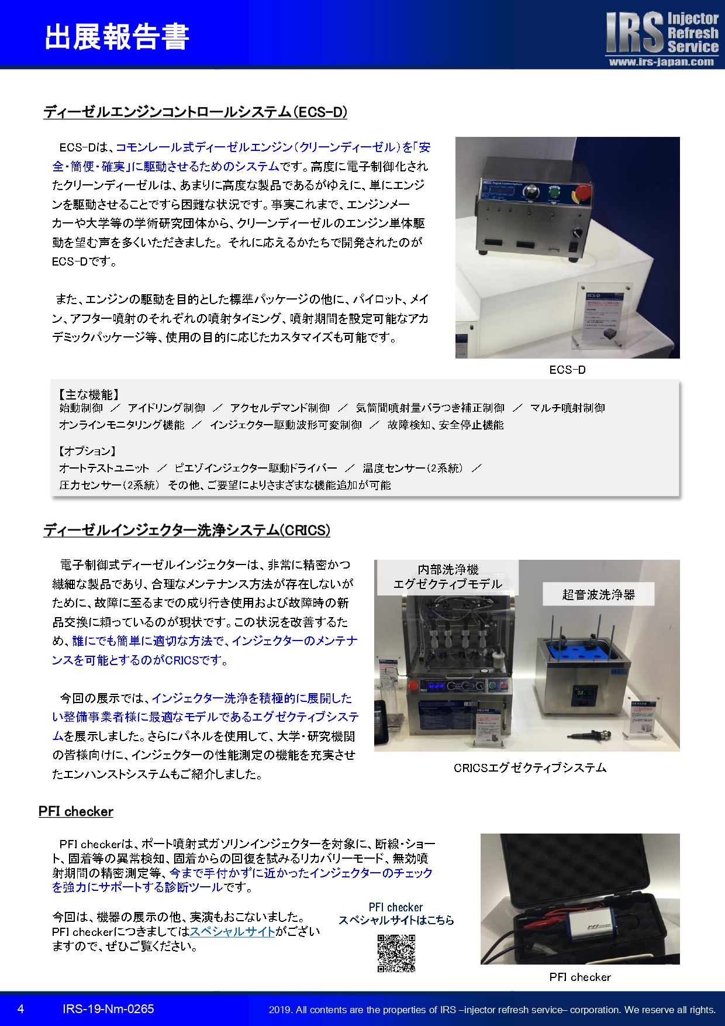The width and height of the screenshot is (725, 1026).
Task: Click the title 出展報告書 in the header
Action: click(x=117, y=37)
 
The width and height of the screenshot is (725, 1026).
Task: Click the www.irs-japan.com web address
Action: click(x=661, y=62)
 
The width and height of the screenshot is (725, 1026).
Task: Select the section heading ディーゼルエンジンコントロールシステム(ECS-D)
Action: click(x=195, y=112)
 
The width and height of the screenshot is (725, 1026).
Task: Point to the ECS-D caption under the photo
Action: click(x=567, y=370)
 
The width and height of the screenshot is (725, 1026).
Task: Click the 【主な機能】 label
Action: click(x=88, y=395)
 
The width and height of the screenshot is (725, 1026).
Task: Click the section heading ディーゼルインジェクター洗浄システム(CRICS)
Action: click(x=187, y=530)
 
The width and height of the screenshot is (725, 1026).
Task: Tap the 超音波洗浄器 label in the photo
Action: click(x=598, y=594)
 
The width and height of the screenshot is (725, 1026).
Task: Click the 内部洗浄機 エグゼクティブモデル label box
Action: click(x=447, y=577)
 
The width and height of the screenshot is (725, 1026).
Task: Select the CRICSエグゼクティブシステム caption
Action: click(x=530, y=768)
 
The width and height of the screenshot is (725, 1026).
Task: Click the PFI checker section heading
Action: click(x=76, y=811)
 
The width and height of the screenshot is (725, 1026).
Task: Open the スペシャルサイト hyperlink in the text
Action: click(x=233, y=931)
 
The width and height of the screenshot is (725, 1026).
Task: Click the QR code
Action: click(x=396, y=953)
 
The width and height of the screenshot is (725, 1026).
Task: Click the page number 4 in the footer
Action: click(x=21, y=1009)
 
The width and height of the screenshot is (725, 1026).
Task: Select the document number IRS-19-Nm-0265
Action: click(x=108, y=1009)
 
